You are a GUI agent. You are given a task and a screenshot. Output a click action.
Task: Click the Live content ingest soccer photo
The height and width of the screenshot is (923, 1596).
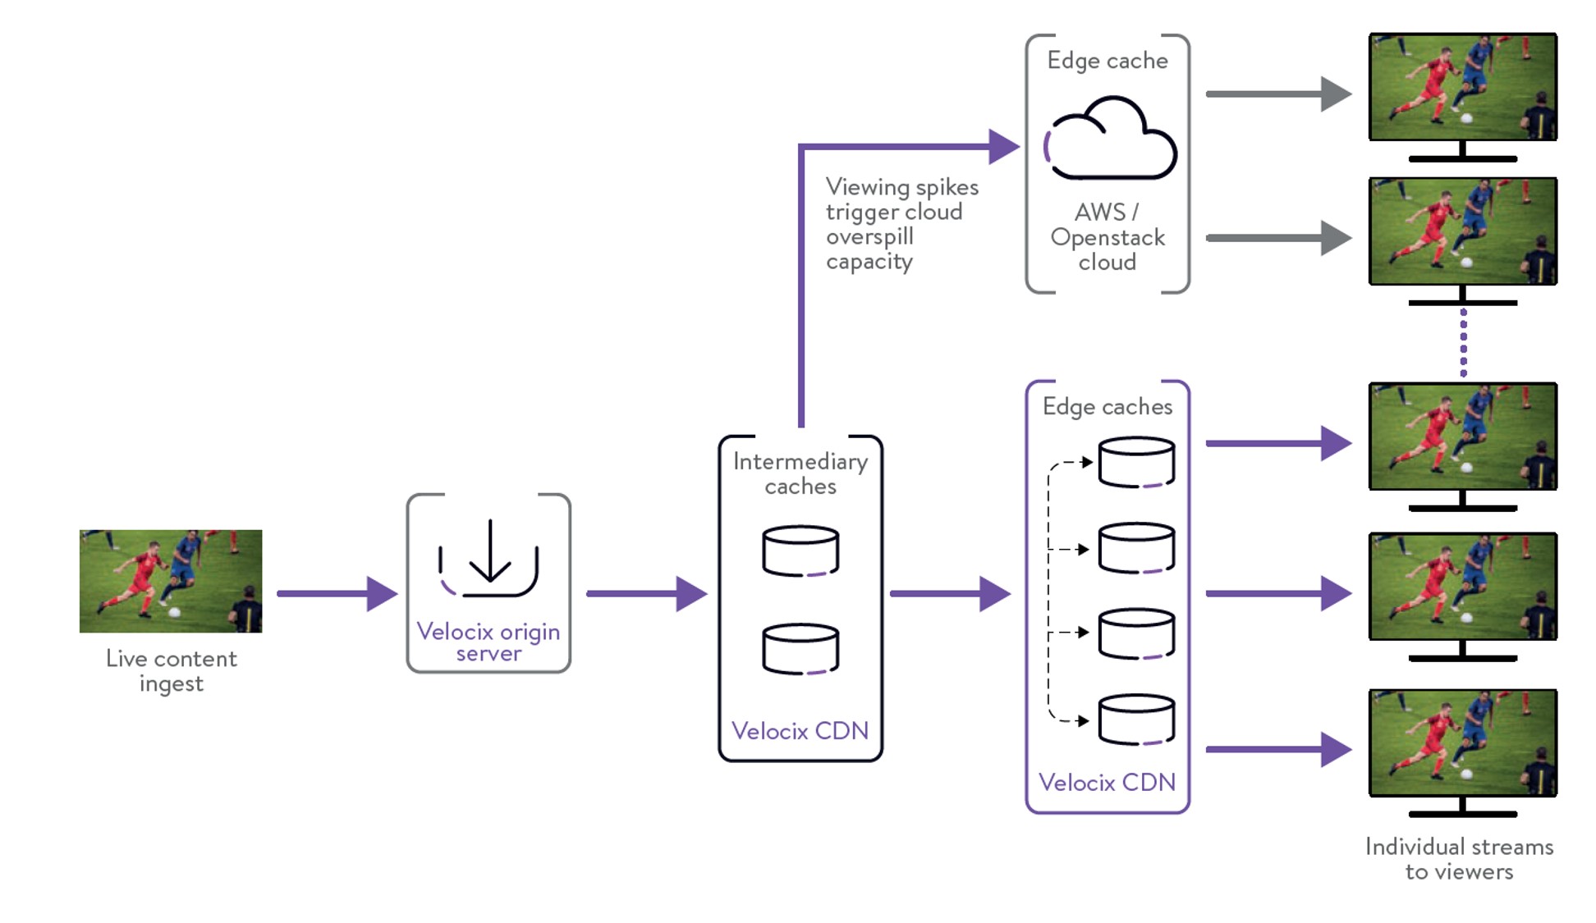(171, 581)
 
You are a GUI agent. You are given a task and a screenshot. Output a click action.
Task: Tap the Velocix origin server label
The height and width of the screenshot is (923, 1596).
(488, 642)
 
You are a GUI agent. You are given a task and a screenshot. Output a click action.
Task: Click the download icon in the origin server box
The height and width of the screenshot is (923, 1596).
(489, 559)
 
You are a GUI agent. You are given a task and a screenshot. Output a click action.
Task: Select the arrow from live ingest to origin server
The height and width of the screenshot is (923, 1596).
(337, 593)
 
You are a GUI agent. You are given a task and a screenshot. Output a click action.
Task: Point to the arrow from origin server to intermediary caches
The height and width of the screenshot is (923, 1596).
(646, 593)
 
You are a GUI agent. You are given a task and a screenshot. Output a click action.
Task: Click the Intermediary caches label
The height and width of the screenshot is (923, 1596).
(800, 473)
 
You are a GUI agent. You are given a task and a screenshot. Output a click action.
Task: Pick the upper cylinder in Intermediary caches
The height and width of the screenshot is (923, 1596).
(800, 551)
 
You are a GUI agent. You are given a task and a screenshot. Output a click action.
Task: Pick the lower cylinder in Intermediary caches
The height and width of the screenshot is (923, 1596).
(800, 649)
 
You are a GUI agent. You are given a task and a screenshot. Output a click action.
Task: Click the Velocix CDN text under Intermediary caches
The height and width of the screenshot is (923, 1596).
(800, 730)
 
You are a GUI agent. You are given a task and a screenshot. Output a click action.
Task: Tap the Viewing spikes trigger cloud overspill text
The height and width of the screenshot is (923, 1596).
(901, 224)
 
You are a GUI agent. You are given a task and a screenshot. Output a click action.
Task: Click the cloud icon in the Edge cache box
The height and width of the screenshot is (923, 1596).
(1110, 139)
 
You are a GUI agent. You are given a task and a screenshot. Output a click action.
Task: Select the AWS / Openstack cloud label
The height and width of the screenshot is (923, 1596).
(1108, 237)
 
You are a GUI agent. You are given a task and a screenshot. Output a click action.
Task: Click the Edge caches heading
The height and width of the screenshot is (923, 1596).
(1108, 406)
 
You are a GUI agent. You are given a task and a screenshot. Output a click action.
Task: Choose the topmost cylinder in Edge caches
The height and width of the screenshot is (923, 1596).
(1136, 462)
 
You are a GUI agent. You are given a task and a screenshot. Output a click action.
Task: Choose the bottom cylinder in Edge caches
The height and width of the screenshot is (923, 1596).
(1136, 720)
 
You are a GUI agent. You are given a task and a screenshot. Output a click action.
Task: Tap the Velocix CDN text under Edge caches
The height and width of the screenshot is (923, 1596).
(1107, 782)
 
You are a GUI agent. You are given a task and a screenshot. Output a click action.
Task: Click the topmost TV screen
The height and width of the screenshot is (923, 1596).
(1462, 87)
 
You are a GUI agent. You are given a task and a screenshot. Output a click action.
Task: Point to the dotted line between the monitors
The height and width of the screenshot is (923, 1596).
(1463, 342)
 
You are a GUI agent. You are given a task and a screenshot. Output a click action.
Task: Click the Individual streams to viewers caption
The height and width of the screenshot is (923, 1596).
(1459, 858)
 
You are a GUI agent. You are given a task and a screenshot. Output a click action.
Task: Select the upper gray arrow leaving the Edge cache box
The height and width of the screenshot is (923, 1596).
(1277, 94)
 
